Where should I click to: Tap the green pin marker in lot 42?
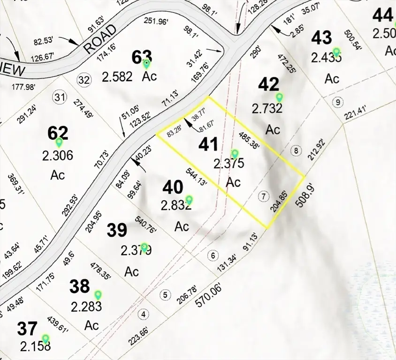280,97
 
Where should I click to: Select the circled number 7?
264,195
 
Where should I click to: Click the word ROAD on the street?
100,40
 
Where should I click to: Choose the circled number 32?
84,80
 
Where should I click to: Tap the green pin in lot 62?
59,142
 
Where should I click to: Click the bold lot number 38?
80,286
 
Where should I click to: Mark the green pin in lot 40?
189,199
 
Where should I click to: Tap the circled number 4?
144,314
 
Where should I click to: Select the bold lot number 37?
27,329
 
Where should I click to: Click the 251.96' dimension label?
161,21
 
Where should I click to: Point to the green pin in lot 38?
98,294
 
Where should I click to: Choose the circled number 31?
59,97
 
